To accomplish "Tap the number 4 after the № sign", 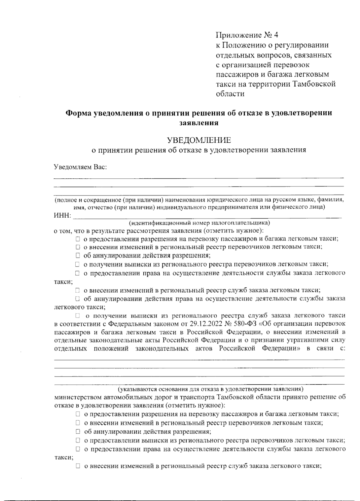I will (x=276, y=35).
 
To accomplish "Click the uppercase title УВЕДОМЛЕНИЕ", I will (x=199, y=140).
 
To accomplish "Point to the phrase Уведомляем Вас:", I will (x=80, y=167).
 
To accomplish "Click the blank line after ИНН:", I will (x=207, y=216).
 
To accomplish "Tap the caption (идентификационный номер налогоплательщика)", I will (x=199, y=223).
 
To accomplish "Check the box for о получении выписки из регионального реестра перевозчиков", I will (x=77, y=264).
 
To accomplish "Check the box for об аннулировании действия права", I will (x=77, y=299).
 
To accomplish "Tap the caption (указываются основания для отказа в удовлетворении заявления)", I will (x=210, y=389).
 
